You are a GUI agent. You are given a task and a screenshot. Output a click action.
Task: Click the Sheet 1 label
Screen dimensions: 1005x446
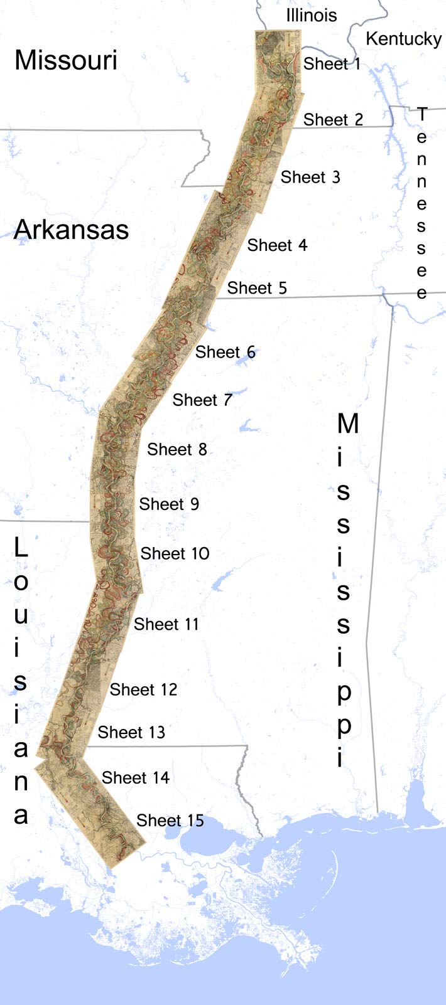(x=332, y=64)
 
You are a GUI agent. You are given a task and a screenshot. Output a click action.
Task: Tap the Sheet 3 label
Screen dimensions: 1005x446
(x=310, y=178)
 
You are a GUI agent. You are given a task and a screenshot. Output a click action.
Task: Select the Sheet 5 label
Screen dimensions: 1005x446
(x=257, y=288)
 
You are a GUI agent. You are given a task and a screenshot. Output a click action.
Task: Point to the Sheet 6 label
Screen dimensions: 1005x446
(x=226, y=352)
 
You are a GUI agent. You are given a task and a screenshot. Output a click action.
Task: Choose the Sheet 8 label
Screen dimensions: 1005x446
(x=177, y=449)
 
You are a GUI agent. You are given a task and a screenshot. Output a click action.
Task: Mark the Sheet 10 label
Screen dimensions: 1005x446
(x=175, y=553)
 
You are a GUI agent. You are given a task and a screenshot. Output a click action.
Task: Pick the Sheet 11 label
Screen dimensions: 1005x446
(x=166, y=624)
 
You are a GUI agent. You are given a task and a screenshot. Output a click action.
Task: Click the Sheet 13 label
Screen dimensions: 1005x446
(x=131, y=732)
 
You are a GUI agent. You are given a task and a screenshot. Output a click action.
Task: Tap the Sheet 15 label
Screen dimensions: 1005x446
(x=170, y=821)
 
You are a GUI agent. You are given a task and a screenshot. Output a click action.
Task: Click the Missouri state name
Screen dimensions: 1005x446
(x=66, y=60)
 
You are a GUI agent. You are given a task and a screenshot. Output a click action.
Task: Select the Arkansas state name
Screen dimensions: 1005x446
(x=72, y=230)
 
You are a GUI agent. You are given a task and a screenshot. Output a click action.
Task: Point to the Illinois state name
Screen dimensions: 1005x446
(x=312, y=15)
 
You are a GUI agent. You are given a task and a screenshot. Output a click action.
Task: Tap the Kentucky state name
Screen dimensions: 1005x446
(x=404, y=39)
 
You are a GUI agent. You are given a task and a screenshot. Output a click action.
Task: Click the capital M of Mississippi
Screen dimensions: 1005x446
(x=348, y=423)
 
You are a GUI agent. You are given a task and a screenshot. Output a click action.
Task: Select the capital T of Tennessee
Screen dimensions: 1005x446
(x=422, y=115)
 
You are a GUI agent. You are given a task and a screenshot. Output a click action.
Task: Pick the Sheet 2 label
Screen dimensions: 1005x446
(x=334, y=119)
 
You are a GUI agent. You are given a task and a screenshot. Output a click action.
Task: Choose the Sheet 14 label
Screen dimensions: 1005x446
(x=136, y=778)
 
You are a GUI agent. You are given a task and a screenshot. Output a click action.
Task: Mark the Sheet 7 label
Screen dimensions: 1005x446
(x=202, y=400)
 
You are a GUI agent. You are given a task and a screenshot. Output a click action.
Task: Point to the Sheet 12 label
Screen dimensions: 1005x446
(x=143, y=689)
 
